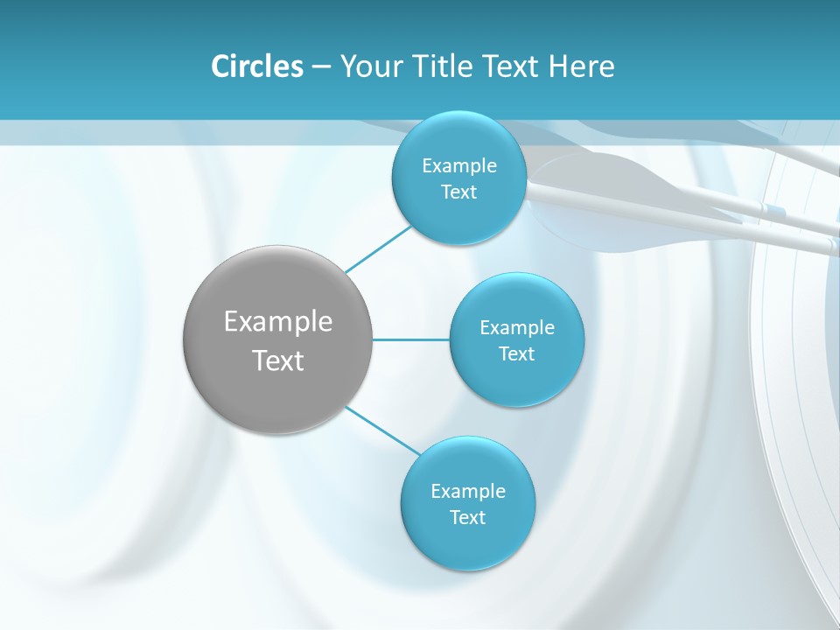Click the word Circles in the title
pyautogui.click(x=256, y=66)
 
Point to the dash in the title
pyautogui.click(x=321, y=67)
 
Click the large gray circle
pyautogui.click(x=278, y=385)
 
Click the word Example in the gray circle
pyautogui.click(x=278, y=322)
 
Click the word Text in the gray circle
pyautogui.click(x=278, y=360)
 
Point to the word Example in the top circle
pyautogui.click(x=459, y=166)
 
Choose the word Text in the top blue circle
pyautogui.click(x=459, y=192)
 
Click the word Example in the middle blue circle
pyautogui.click(x=517, y=328)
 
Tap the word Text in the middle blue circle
pyautogui.click(x=517, y=354)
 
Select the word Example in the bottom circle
pyautogui.click(x=468, y=492)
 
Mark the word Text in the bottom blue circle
pyautogui.click(x=468, y=518)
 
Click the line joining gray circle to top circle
pyautogui.click(x=378, y=248)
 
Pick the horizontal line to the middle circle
pyautogui.click(x=411, y=339)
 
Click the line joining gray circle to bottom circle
pyautogui.click(x=382, y=430)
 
